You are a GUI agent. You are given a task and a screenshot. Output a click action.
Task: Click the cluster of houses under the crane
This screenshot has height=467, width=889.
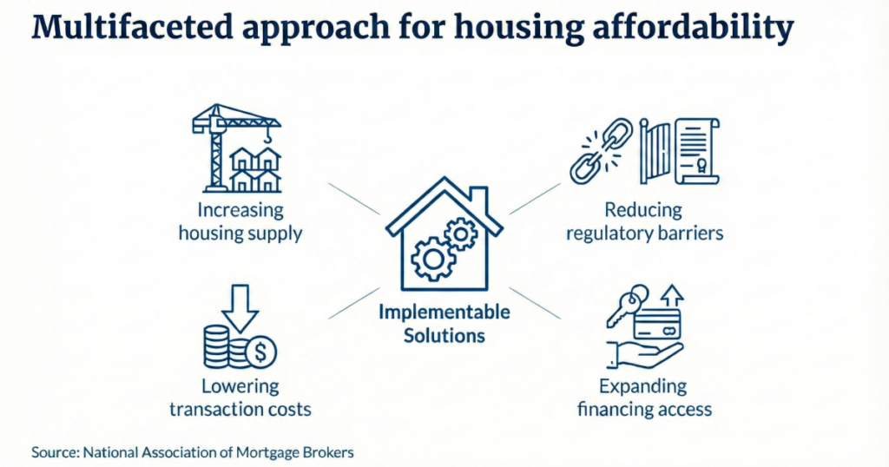255,170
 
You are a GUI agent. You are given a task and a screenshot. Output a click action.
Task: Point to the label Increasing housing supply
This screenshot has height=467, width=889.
240,221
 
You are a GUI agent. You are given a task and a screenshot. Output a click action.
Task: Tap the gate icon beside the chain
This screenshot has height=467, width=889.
657,153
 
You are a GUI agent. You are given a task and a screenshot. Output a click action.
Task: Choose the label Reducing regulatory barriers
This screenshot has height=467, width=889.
643,221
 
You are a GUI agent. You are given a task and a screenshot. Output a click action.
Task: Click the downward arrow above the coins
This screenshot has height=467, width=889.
241,302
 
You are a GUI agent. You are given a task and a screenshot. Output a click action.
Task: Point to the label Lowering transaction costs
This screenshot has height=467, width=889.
240,398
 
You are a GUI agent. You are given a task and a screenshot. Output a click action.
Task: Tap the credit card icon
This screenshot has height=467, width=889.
656,325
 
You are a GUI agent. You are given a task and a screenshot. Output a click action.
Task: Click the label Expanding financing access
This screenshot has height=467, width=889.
643,398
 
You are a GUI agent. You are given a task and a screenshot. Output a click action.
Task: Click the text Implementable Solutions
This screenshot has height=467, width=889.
444,323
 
